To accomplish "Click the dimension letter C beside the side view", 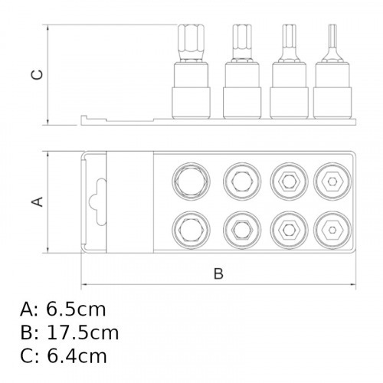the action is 37,74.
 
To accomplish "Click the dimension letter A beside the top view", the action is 37,201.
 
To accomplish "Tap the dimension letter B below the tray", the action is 218,273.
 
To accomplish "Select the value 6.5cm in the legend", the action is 76,309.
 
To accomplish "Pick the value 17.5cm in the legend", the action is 83,333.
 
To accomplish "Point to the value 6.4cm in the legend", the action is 77,356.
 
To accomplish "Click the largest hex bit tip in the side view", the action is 191,43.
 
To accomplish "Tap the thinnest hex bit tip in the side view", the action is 332,43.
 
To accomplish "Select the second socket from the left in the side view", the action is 242,90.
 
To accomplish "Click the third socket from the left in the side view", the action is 289,90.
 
